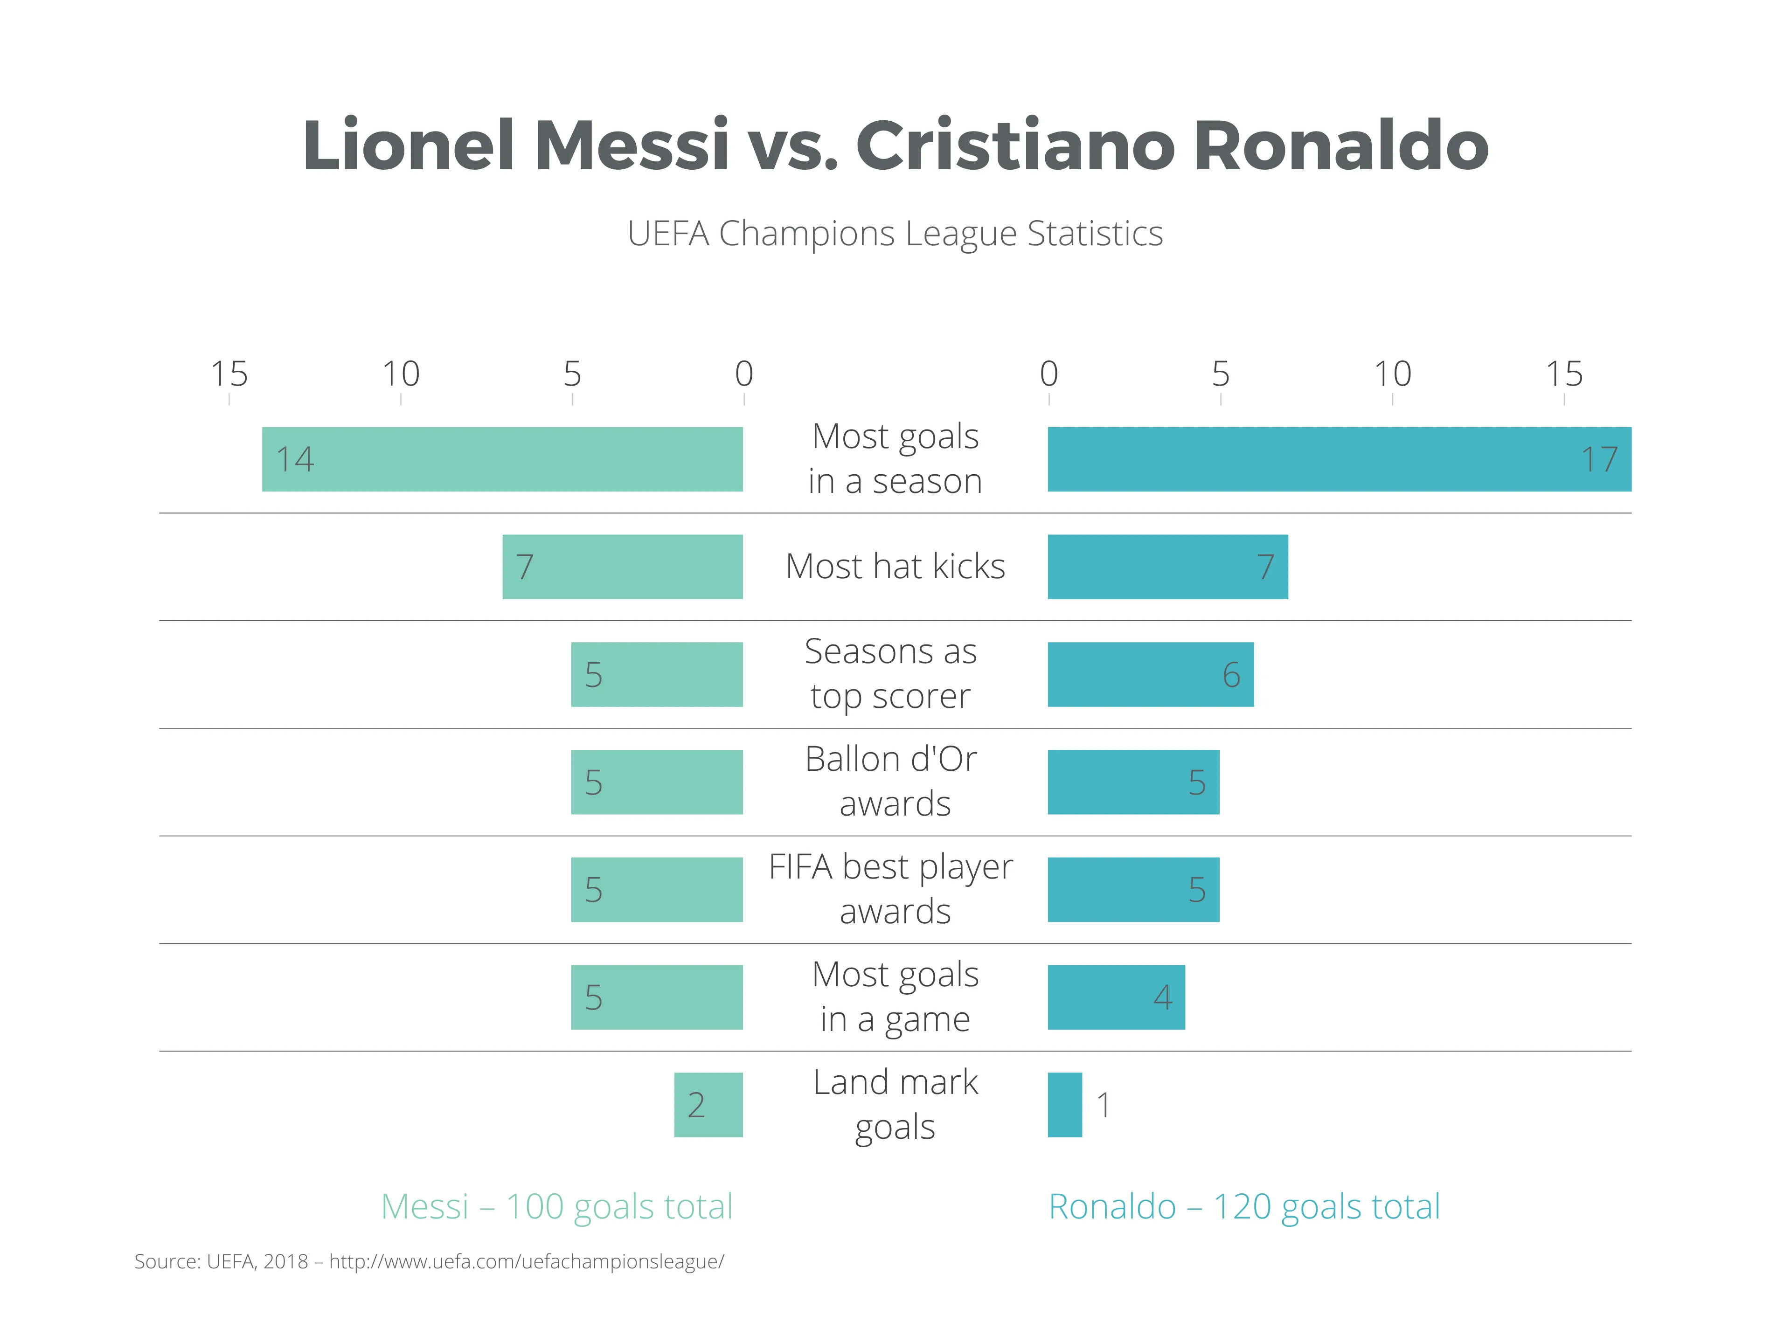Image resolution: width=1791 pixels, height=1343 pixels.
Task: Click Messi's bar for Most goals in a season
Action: tap(502, 459)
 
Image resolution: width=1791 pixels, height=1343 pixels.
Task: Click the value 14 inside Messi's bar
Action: tap(295, 459)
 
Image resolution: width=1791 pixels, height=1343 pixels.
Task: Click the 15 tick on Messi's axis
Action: tap(229, 375)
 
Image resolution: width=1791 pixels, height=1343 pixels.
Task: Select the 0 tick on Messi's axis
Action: tap(743, 375)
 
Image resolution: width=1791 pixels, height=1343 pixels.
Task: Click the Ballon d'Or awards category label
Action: tap(894, 781)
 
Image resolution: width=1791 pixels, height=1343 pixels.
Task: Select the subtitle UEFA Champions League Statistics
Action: tap(895, 234)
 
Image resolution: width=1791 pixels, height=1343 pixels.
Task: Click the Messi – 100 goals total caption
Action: tap(557, 1206)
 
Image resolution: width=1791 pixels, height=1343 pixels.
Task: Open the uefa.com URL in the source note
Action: tap(526, 1261)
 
